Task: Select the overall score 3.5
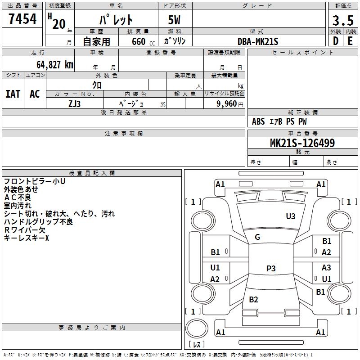[342, 21]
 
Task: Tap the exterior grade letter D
[335, 41]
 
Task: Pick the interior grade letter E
[350, 41]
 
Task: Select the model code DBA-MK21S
[258, 41]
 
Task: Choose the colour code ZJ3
[75, 103]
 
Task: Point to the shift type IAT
[13, 94]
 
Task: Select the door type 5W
[175, 21]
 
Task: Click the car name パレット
[117, 20]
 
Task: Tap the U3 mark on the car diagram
[291, 216]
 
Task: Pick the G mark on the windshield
[257, 237]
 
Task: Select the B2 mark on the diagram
[254, 300]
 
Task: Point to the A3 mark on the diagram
[326, 268]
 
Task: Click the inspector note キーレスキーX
[26, 238]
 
